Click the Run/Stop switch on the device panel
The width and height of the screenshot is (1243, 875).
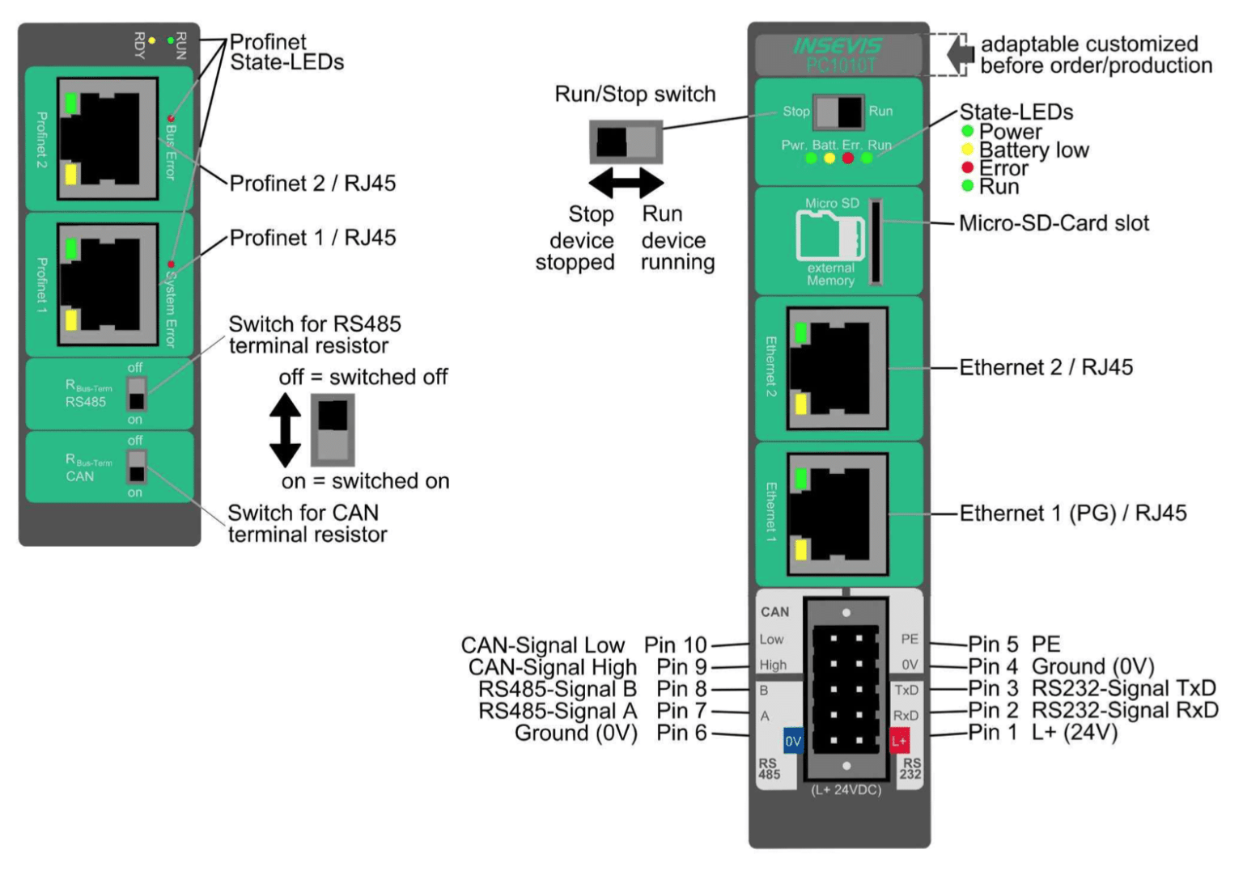[x=838, y=112]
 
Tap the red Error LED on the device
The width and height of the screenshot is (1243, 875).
[x=847, y=159]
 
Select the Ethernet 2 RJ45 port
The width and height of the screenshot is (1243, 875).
[x=838, y=368]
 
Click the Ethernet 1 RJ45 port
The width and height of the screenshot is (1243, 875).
[x=838, y=514]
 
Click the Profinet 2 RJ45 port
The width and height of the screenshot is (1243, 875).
[x=107, y=138]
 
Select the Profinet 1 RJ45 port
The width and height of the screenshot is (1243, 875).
[x=107, y=284]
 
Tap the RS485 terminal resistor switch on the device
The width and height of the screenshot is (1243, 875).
[x=137, y=394]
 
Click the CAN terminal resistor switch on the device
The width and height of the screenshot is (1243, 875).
[x=137, y=467]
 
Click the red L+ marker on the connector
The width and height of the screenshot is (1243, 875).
[x=899, y=741]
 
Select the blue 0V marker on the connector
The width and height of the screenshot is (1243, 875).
[x=793, y=741]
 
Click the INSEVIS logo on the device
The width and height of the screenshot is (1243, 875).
[x=838, y=46]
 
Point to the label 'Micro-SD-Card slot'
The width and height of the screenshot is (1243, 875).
[x=1054, y=224]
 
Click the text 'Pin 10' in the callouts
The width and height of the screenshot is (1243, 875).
[x=675, y=645]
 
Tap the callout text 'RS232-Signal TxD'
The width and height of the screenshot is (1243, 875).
[x=1124, y=688]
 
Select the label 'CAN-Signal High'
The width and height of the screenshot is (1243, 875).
[x=552, y=667]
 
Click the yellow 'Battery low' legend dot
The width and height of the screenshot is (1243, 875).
[x=967, y=150]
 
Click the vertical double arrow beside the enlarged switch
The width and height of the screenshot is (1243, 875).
[x=285, y=430]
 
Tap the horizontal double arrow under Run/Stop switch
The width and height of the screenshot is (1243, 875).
[x=626, y=183]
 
